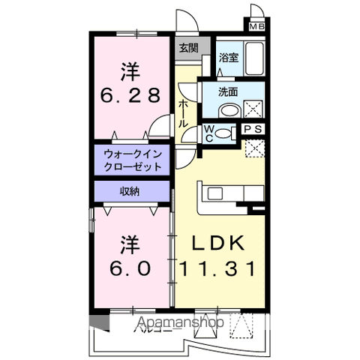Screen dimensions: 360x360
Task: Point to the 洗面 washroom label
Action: pyautogui.click(x=228, y=93)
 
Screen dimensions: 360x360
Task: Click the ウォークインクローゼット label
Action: pyautogui.click(x=133, y=159)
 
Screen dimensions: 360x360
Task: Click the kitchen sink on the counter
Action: pyautogui.click(x=214, y=193)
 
